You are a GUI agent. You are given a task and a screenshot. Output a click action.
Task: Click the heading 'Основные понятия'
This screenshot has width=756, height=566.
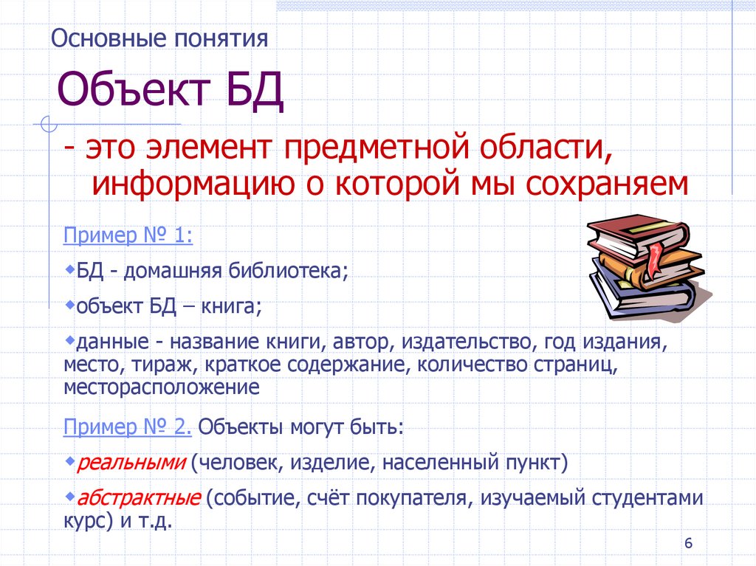click(x=159, y=38)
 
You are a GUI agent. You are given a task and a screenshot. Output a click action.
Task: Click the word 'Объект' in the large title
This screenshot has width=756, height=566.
click(x=131, y=91)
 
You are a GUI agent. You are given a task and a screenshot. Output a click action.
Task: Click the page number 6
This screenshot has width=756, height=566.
click(x=689, y=544)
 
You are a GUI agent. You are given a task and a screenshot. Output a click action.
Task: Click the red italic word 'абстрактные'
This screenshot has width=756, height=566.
click(x=138, y=498)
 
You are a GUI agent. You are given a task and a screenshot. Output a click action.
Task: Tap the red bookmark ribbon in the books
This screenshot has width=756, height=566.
click(x=653, y=258)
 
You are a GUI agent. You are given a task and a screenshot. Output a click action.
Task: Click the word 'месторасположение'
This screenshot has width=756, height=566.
click(x=161, y=387)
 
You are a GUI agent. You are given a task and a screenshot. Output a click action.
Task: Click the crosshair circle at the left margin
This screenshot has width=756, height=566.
click(x=49, y=125)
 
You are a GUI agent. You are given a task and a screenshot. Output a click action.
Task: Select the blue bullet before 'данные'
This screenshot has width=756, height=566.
click(x=69, y=339)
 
